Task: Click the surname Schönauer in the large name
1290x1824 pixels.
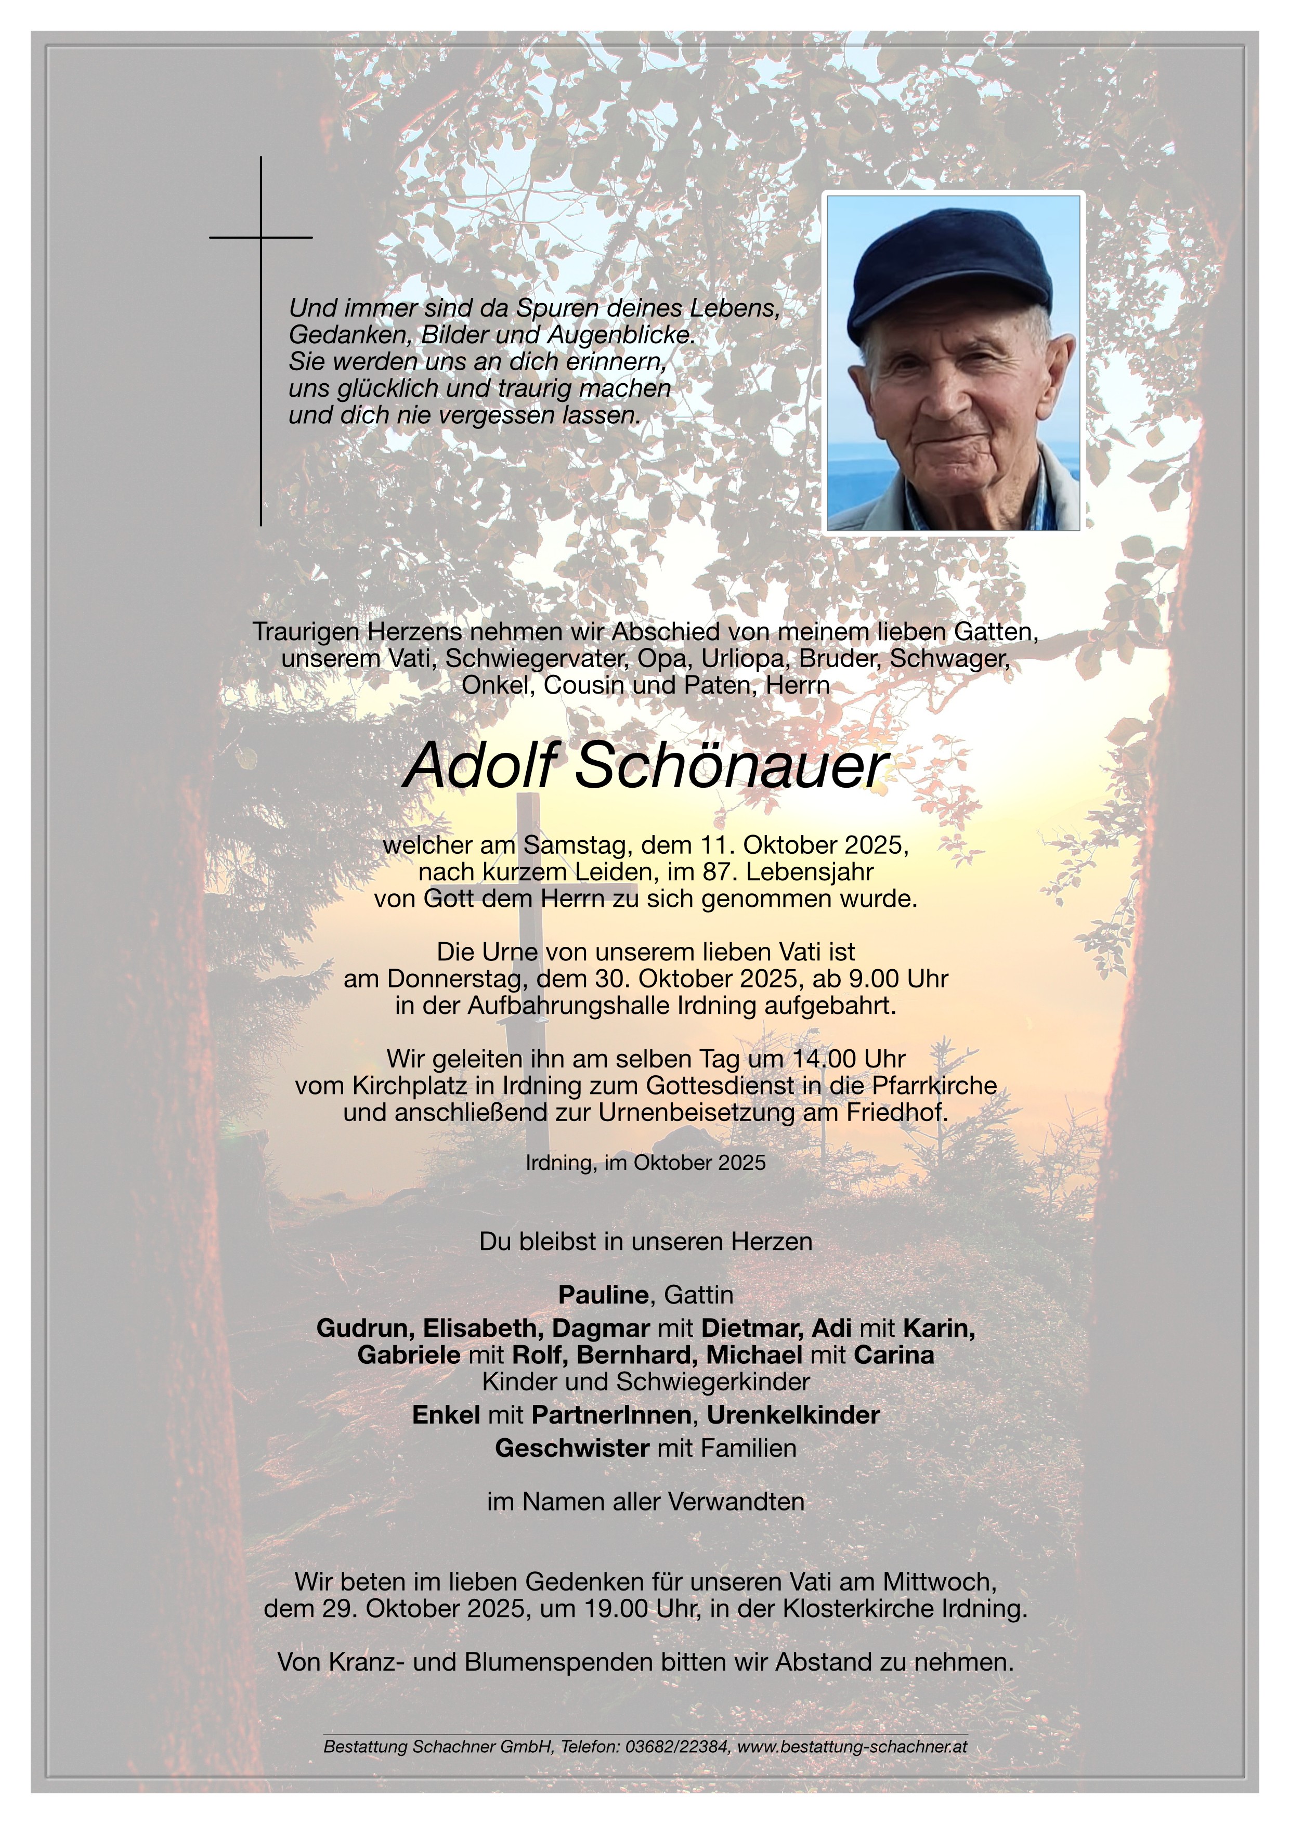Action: click(729, 766)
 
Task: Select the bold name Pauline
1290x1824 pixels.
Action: click(603, 1294)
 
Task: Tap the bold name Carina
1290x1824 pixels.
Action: click(894, 1354)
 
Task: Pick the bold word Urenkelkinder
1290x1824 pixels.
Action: click(793, 1415)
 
